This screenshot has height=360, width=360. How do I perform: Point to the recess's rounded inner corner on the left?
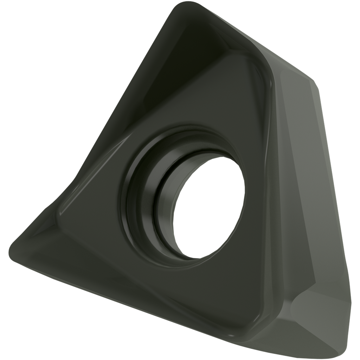coord(63,207)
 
